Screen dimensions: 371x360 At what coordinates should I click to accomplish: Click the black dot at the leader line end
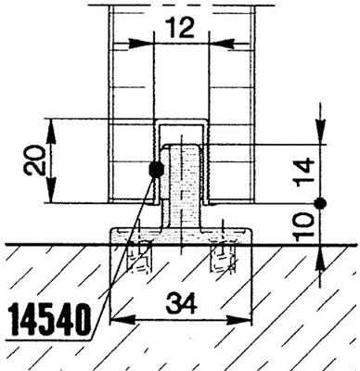155,169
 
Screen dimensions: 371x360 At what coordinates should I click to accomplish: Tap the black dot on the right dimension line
319,203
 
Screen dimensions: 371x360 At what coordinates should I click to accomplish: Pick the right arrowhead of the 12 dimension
220,42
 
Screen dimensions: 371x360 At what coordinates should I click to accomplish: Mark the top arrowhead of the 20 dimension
51,125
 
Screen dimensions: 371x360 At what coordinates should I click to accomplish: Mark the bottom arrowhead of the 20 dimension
51,197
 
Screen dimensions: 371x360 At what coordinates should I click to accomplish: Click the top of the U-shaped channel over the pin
181,122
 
